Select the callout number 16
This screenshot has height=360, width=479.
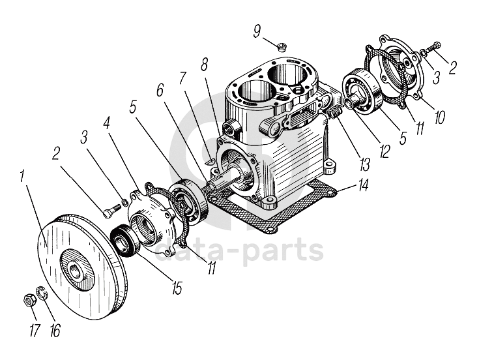[x=55, y=330]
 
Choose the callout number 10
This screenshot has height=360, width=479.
[x=440, y=117]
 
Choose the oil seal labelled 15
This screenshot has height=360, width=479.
[x=123, y=239]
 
